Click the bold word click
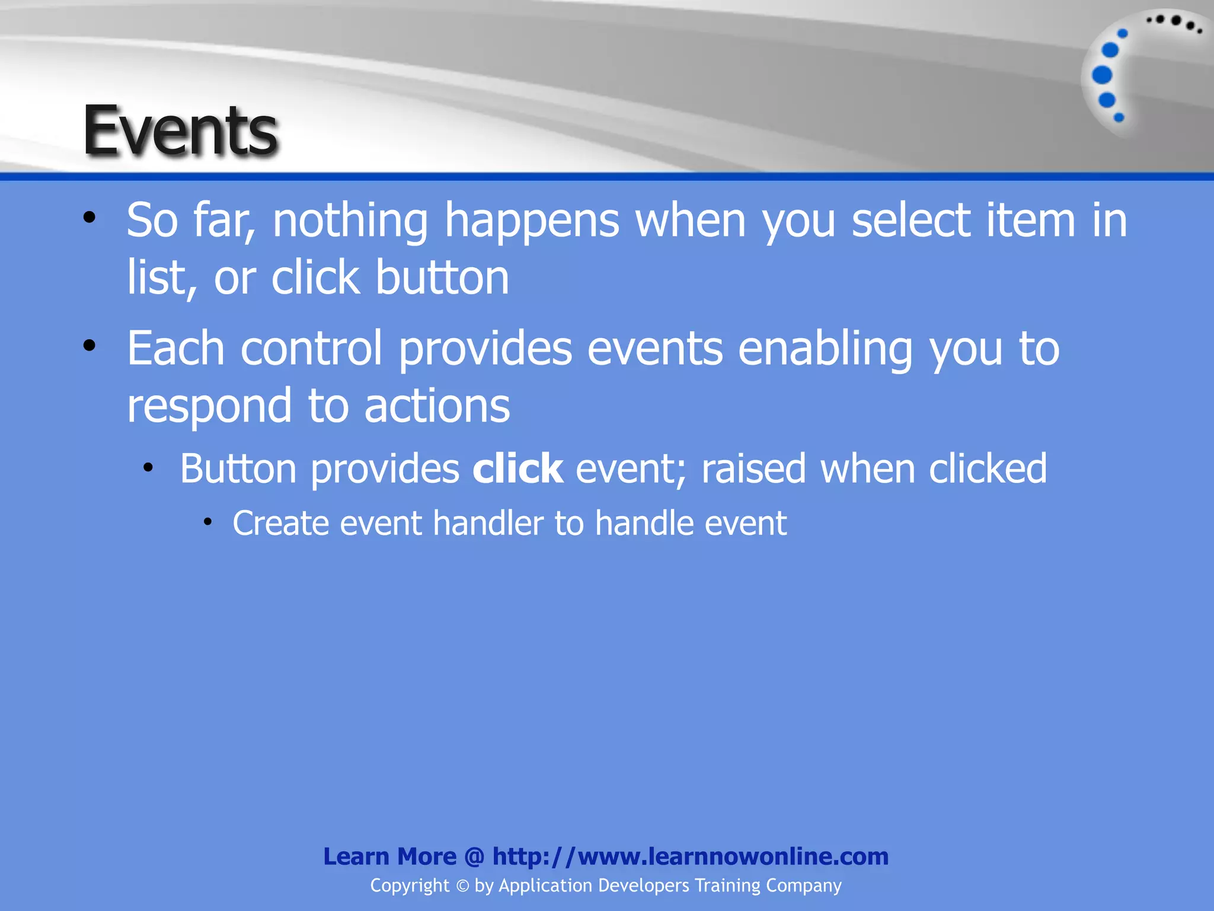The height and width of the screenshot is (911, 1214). click(x=517, y=469)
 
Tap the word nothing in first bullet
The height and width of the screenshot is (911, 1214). click(x=350, y=220)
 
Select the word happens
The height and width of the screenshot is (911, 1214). click(x=532, y=220)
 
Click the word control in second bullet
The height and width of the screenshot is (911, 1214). click(x=311, y=348)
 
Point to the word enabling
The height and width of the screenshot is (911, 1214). click(x=825, y=348)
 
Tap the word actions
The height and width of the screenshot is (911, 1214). click(x=437, y=406)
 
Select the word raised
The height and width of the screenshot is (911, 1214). click(x=753, y=469)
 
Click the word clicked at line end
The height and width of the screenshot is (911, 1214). click(x=988, y=469)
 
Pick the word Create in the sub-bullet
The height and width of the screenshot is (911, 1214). click(x=280, y=523)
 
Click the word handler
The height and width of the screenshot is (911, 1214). click(x=488, y=523)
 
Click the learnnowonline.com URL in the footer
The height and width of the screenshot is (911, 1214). click(x=691, y=856)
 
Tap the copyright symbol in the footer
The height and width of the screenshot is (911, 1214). click(x=462, y=886)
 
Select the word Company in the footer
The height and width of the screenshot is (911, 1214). click(x=804, y=886)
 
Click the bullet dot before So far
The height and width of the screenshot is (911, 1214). click(x=89, y=218)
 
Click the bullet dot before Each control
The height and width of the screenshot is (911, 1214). click(x=89, y=346)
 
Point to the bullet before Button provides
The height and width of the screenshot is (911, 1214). click(x=148, y=468)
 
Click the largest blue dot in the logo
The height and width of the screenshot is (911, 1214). click(x=1101, y=75)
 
